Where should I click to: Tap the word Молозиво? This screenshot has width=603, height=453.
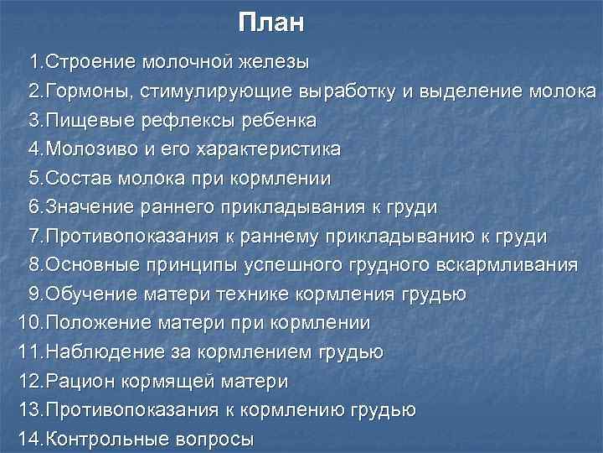pos(91,149)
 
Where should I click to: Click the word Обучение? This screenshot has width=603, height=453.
pos(88,294)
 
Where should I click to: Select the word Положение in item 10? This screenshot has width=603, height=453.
pos(95,323)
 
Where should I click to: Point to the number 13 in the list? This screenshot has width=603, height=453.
pos(29,410)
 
